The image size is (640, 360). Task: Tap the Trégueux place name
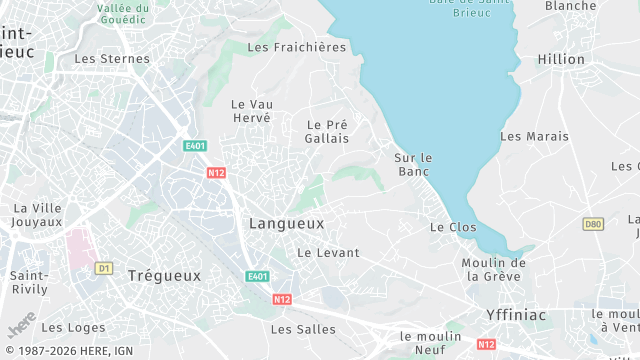[164, 275]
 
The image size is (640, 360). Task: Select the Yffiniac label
[517, 314]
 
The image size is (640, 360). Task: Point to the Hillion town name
[561, 59]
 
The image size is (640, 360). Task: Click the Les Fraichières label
[296, 47]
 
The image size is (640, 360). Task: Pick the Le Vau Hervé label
[251, 110]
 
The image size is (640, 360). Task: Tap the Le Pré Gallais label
[327, 131]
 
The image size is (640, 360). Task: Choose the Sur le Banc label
[412, 165]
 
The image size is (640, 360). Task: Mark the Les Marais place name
[534, 136]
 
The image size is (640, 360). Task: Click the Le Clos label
[453, 227]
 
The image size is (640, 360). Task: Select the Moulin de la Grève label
[494, 269]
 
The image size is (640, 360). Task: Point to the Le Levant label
[328, 253]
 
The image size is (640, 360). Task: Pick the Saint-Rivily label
[30, 283]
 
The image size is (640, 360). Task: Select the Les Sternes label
[112, 59]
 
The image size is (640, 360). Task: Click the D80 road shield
[593, 224]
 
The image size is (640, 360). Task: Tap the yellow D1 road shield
[103, 268]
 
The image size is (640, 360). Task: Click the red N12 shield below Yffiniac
[486, 344]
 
